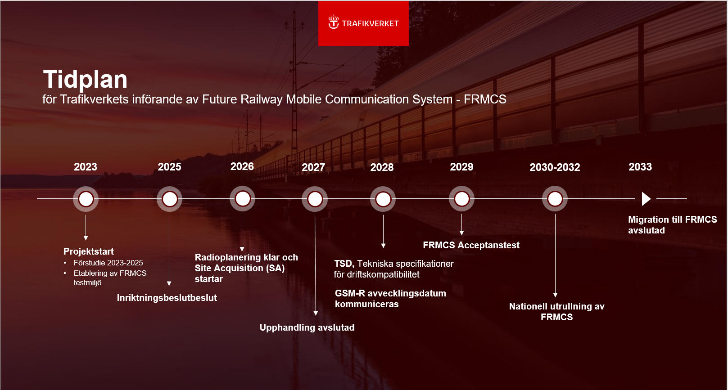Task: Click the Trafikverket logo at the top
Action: click(363, 23)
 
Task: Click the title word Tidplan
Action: click(85, 79)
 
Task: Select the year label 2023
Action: click(86, 167)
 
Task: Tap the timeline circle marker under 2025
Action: click(170, 199)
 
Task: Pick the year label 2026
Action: click(242, 166)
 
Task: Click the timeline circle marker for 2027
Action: click(315, 199)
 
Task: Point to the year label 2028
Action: click(382, 167)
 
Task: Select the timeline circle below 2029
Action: click(461, 199)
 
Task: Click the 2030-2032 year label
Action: click(555, 167)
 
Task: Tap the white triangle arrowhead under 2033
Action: click(646, 199)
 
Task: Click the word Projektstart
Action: click(88, 251)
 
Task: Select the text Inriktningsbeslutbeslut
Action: click(167, 298)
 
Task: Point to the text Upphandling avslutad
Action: click(307, 327)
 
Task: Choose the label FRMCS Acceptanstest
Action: click(471, 245)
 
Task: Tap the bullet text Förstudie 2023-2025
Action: click(108, 263)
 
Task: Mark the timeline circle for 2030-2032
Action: click(555, 199)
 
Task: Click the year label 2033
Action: click(640, 167)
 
